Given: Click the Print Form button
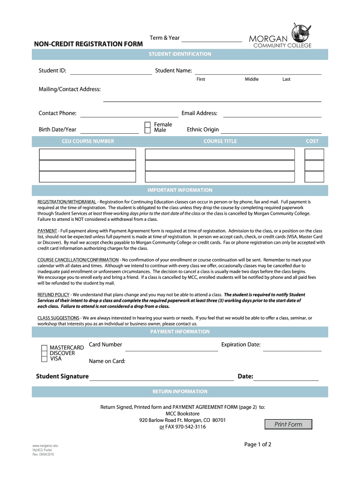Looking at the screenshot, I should point(288,424).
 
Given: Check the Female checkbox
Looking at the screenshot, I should point(148,125).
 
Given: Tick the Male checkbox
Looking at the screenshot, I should point(148,131).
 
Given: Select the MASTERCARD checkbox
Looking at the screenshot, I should point(44,348).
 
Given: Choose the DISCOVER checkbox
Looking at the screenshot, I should point(44,354).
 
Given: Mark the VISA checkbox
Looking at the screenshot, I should point(44,359).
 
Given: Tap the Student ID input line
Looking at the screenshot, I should point(111,73).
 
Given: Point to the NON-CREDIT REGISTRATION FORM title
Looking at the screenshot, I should point(88,44).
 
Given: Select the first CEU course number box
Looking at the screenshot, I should point(87,154).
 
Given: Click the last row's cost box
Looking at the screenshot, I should point(314,177).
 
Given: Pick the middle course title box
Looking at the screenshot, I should point(220,166).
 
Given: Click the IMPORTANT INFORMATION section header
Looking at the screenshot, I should point(180,190).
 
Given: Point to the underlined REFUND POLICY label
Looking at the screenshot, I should point(53,295).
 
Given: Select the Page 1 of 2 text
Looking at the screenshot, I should point(258,444).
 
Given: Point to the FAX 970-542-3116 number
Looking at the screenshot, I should point(186,427).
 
